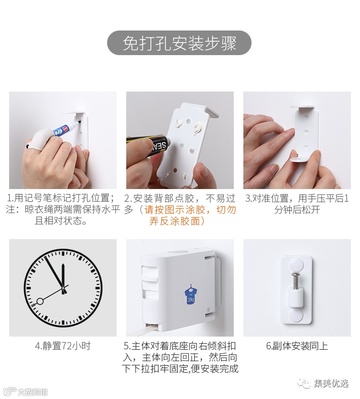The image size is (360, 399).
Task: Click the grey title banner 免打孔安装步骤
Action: [x=179, y=43]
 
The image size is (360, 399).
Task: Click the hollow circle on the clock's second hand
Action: [x=40, y=302]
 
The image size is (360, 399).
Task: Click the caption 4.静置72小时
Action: [x=63, y=346]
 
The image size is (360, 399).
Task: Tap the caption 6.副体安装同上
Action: [x=297, y=346]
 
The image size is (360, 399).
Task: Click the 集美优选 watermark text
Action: [x=331, y=383]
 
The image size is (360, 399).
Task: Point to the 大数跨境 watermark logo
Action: [x=26, y=391]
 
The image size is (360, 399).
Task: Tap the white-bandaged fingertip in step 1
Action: [x=36, y=140]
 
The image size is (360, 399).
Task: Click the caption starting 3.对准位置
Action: [x=297, y=204]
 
